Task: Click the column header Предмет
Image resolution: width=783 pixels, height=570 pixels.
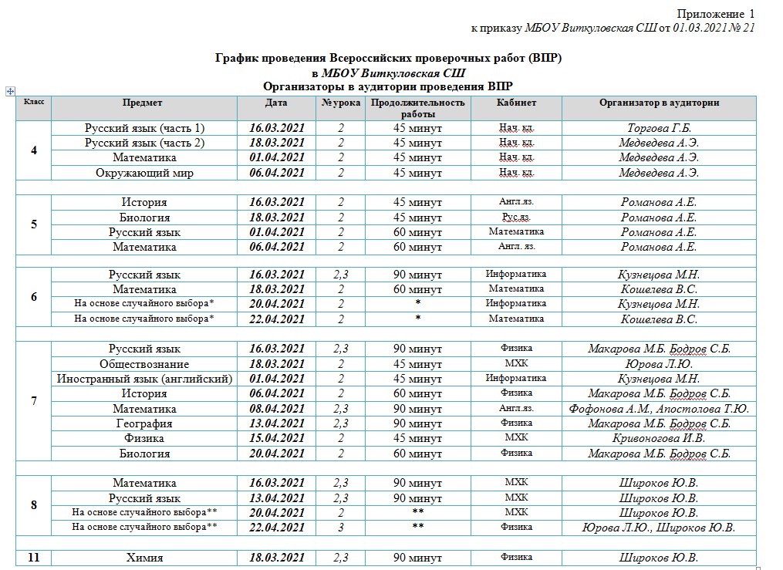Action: pyautogui.click(x=143, y=103)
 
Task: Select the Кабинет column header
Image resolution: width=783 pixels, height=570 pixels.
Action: pyautogui.click(x=516, y=103)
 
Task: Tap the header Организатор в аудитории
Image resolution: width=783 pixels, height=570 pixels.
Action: pyautogui.click(x=659, y=103)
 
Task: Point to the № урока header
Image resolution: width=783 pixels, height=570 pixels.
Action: pyautogui.click(x=340, y=103)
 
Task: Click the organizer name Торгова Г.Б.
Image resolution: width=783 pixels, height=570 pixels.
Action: pyautogui.click(x=659, y=128)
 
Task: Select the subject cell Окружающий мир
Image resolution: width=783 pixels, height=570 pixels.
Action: pyautogui.click(x=144, y=173)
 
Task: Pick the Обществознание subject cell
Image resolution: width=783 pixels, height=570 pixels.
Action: pyautogui.click(x=144, y=364)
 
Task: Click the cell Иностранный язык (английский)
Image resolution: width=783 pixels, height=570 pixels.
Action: pyautogui.click(x=144, y=379)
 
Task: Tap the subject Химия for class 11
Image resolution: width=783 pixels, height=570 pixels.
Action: pyautogui.click(x=144, y=558)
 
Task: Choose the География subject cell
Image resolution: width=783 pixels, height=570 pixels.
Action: pyautogui.click(x=144, y=423)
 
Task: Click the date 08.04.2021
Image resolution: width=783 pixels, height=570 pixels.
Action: pyautogui.click(x=277, y=409)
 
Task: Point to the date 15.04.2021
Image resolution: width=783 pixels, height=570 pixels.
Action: pyautogui.click(x=277, y=439)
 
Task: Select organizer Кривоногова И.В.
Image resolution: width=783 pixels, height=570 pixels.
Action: pyautogui.click(x=659, y=439)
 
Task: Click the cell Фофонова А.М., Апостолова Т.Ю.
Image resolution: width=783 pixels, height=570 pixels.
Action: pyautogui.click(x=659, y=409)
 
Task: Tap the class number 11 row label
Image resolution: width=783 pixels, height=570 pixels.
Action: pyautogui.click(x=33, y=558)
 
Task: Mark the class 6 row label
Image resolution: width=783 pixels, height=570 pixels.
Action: pyautogui.click(x=33, y=297)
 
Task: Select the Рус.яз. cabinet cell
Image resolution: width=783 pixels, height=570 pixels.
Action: pyautogui.click(x=516, y=218)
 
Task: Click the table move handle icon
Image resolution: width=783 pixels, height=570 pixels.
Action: pyautogui.click(x=11, y=91)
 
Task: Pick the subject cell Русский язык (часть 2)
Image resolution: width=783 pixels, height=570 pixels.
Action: pyautogui.click(x=144, y=143)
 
